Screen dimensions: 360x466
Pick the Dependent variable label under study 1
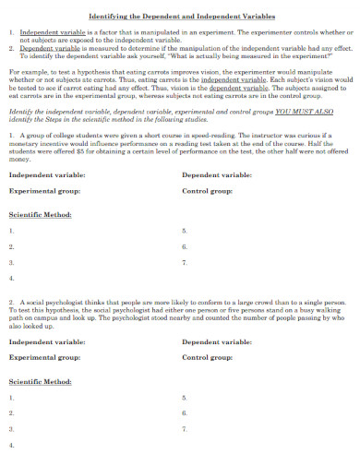tap(217, 174)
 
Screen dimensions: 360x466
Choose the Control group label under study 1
tap(207, 191)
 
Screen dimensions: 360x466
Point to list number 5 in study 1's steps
tap(184, 231)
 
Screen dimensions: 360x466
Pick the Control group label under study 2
tap(207, 357)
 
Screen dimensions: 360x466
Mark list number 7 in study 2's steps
tap(184, 428)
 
